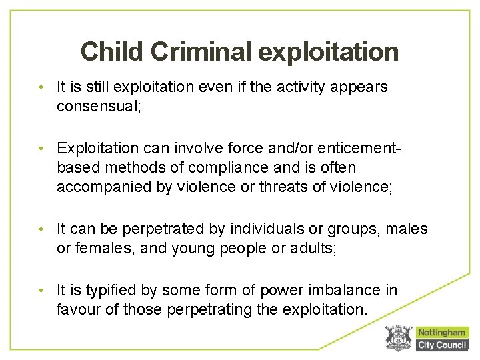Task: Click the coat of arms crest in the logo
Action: point(399,338)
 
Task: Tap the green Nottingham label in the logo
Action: point(441,332)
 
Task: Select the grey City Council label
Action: point(441,345)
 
